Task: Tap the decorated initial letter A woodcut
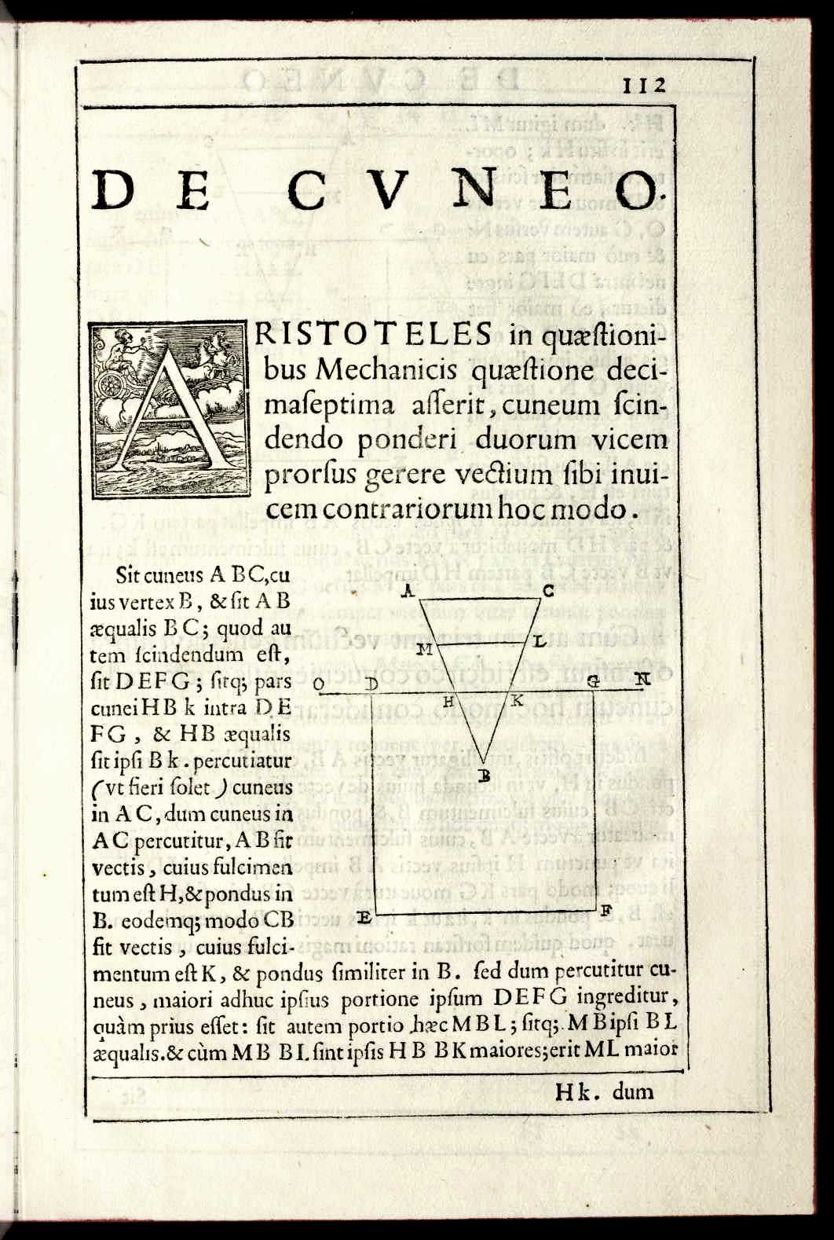click(169, 411)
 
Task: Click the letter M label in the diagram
click(425, 648)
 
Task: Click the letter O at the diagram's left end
click(320, 685)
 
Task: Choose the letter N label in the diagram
click(642, 679)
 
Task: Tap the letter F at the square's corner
click(605, 912)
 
